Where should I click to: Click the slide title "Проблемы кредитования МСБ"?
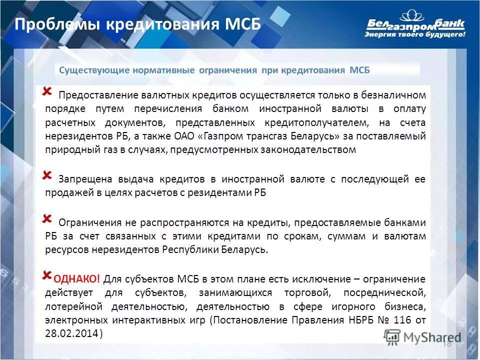click(x=137, y=24)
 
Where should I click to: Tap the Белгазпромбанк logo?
click(x=415, y=22)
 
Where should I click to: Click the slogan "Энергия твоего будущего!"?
click(x=414, y=35)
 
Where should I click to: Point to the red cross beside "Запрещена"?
click(x=47, y=174)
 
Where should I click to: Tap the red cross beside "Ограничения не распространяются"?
click(x=47, y=219)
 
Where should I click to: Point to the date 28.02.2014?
click(x=71, y=333)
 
